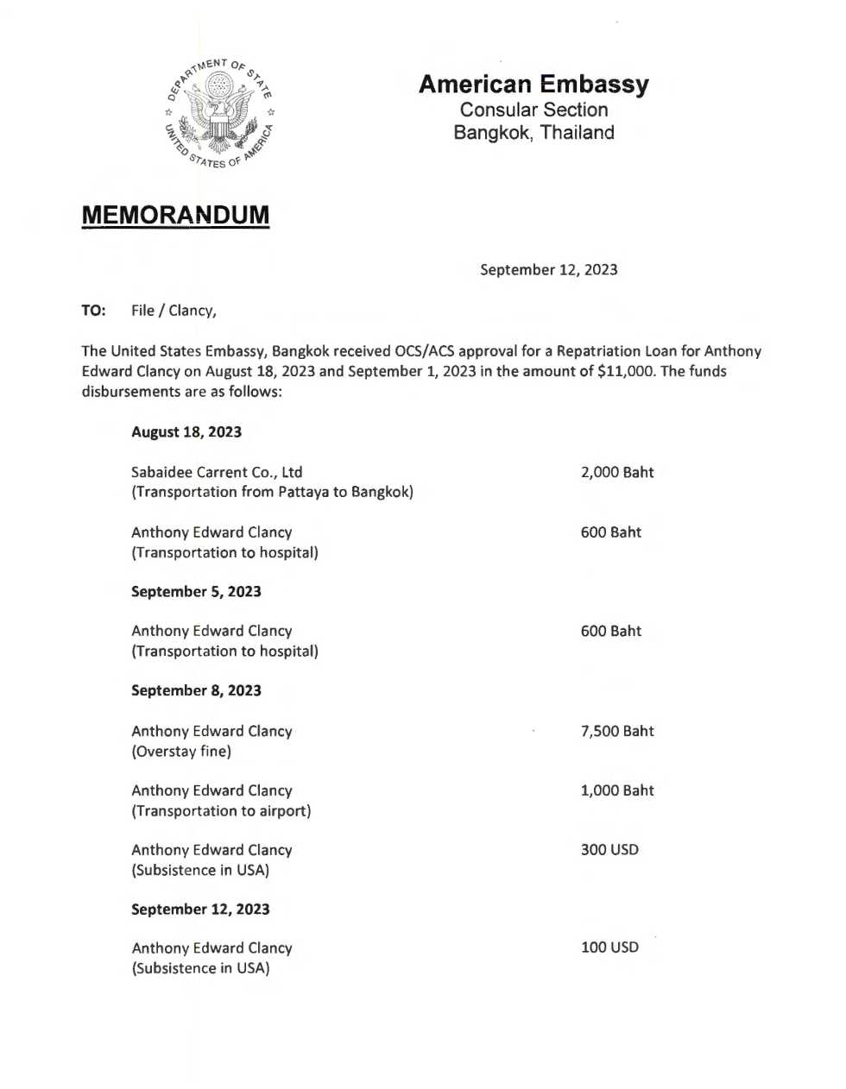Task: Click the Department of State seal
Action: coord(219,113)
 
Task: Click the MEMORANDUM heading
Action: coord(175,215)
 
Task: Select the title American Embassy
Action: coord(533,85)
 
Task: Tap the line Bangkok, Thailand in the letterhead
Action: coord(533,133)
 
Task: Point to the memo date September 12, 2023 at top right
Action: coord(548,270)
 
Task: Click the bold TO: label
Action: coord(93,311)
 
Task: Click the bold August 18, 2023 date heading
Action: coord(186,432)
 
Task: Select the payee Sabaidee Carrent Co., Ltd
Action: coord(217,472)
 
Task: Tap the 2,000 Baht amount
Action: coord(617,472)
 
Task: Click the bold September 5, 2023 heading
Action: coord(196,592)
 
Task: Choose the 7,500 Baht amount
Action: coord(617,731)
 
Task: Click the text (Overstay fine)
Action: coord(181,752)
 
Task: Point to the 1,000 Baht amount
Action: coord(617,790)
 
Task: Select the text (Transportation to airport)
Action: coord(221,811)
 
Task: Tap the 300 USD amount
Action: coord(609,850)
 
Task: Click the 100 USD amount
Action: coord(609,947)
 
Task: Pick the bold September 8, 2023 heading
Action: coord(196,690)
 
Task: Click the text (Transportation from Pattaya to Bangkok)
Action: coord(272,492)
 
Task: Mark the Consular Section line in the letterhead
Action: coord(533,110)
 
